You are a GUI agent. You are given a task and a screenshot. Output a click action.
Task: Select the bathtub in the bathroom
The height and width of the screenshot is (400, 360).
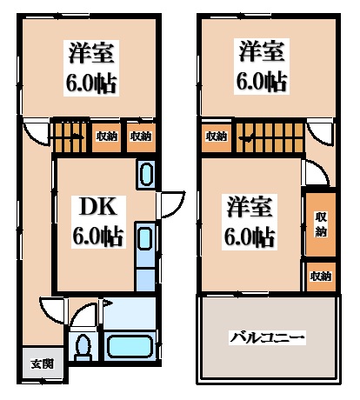[130, 347]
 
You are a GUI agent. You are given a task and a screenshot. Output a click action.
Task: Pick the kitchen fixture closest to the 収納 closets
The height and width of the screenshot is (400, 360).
[146, 174]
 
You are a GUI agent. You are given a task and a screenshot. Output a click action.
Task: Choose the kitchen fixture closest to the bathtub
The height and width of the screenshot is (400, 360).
[145, 257]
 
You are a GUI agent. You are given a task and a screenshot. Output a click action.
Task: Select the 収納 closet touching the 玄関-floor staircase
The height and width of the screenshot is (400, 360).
[107, 136]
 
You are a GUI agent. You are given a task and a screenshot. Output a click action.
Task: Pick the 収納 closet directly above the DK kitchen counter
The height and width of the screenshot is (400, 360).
[140, 136]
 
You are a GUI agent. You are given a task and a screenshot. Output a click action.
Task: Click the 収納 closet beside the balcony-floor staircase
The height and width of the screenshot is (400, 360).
[216, 136]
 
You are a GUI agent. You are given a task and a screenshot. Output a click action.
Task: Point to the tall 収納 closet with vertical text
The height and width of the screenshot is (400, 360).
[320, 223]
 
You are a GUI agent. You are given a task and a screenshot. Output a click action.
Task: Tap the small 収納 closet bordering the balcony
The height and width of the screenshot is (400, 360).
[320, 277]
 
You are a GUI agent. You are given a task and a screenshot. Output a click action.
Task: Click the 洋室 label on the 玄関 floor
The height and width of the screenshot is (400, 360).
[92, 53]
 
